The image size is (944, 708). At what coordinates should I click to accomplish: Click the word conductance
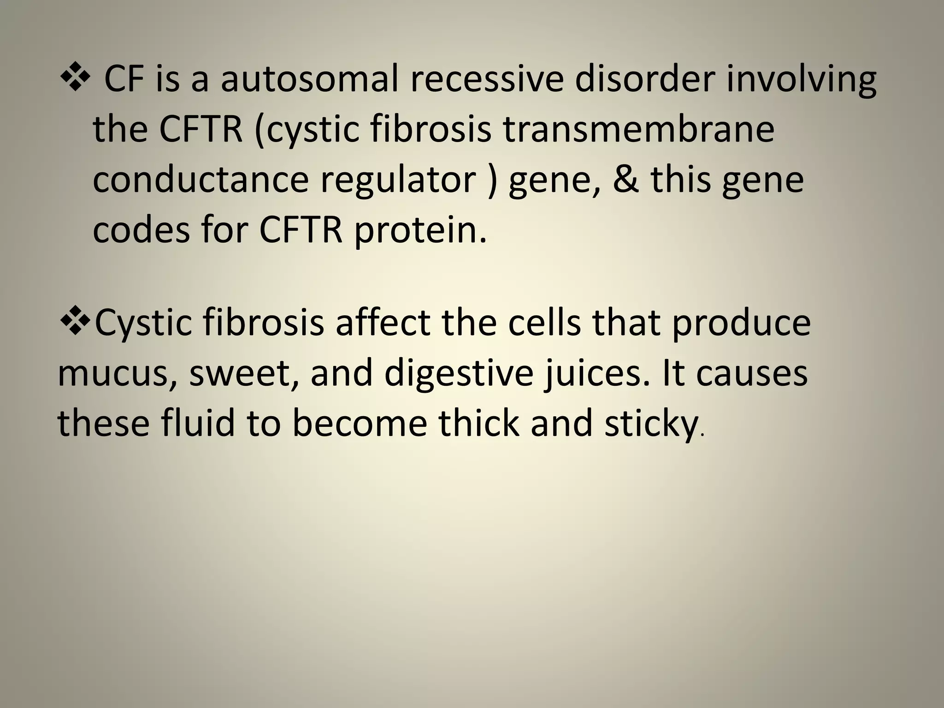coord(201,179)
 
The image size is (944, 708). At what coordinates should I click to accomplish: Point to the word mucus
coord(118,373)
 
